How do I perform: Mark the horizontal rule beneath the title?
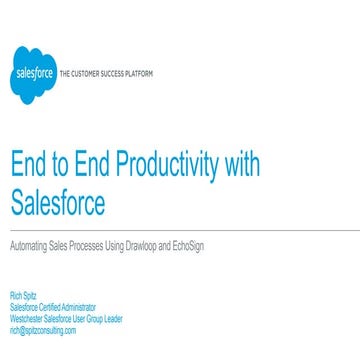tap(180, 230)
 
